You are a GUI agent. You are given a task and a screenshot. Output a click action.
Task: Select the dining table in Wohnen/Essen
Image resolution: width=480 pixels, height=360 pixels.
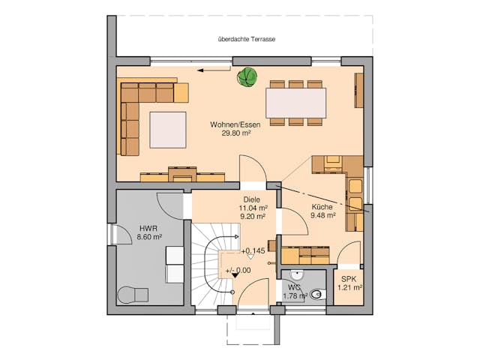pos(295,102)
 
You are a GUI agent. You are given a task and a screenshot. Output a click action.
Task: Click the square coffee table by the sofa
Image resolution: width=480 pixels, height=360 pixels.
pos(166,129)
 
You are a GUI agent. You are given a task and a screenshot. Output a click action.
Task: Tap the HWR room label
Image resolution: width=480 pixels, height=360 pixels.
pos(147,228)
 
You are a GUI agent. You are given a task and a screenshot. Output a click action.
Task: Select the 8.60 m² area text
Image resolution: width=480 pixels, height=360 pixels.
pos(147,238)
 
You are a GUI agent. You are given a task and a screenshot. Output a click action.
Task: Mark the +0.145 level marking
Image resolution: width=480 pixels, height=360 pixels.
pos(252,250)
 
